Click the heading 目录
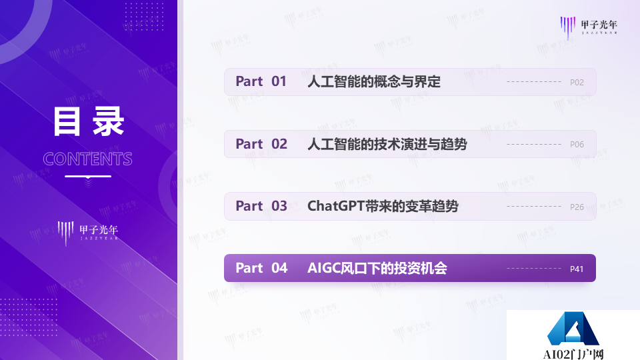[88, 123]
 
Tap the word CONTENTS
[88, 159]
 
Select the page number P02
[577, 83]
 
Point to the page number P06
[577, 144]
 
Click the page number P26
[577, 207]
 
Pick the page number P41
[577, 269]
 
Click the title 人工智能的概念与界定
[374, 82]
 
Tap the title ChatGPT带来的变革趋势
[383, 206]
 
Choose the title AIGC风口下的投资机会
[377, 268]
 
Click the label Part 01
[261, 82]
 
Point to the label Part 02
[261, 144]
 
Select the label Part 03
[261, 206]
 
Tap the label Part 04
[261, 268]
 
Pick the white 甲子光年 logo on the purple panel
[88, 232]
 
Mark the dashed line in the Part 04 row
[533, 269]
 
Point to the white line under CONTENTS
[88, 177]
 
